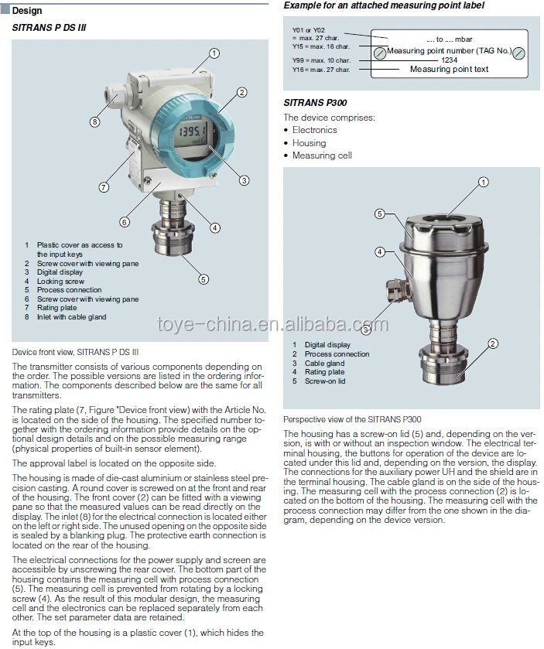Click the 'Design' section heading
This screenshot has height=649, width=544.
pos(27,11)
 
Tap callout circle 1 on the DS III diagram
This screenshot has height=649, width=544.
pos(214,53)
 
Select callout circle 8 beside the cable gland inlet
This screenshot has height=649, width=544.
pos(94,121)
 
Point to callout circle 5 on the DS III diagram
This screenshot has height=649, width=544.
pos(204,279)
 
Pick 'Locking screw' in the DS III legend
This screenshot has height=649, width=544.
pos(60,282)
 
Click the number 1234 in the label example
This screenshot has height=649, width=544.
pos(449,60)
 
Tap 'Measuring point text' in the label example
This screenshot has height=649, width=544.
pos(449,70)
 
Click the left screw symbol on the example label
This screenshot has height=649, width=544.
pos(380,53)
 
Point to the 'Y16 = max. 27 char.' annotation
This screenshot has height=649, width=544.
pos(320,70)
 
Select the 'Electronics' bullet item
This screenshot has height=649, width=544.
pos(314,131)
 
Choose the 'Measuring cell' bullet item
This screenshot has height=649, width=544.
pos(322,155)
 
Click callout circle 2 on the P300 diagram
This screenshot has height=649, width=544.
pos(492,343)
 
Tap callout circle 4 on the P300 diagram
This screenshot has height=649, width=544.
pos(380,251)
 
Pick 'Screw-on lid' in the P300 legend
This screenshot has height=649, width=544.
pos(325,381)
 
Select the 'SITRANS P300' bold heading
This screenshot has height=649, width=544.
pos(315,104)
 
